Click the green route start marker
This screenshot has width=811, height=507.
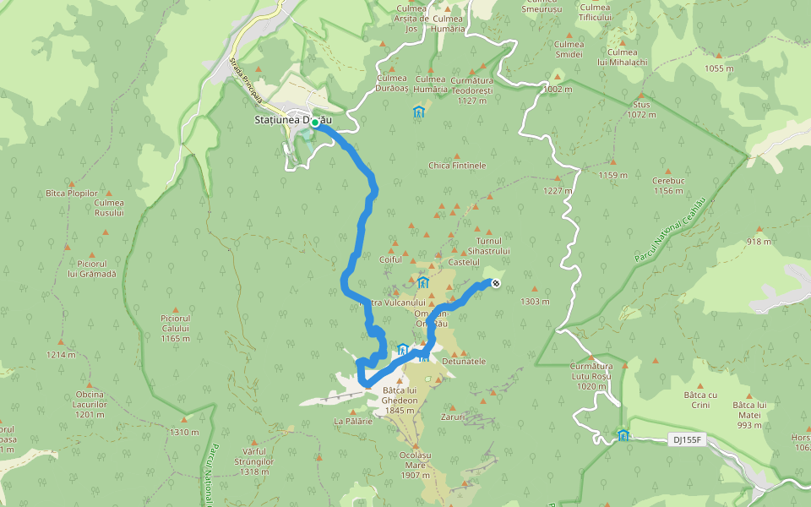(x=315, y=123)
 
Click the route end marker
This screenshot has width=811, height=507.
(x=495, y=283)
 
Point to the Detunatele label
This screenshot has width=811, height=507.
(x=464, y=361)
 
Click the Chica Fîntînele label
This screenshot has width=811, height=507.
(x=457, y=166)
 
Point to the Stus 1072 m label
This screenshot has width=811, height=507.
(x=642, y=109)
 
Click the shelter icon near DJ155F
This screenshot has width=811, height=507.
(x=623, y=435)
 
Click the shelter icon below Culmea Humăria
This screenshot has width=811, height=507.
(x=418, y=112)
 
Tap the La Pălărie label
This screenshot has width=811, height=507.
(x=353, y=420)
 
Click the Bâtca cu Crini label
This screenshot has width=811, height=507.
(x=700, y=400)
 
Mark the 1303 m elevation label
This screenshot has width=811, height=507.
(x=535, y=302)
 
